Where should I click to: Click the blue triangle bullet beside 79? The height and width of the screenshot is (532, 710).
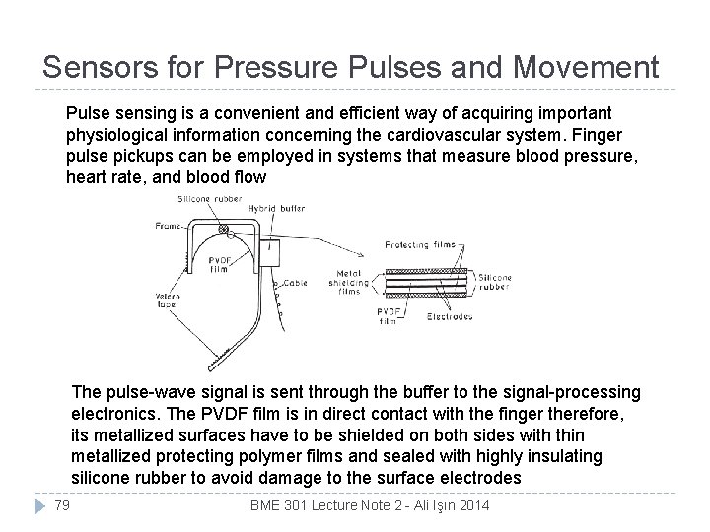click(38, 505)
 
